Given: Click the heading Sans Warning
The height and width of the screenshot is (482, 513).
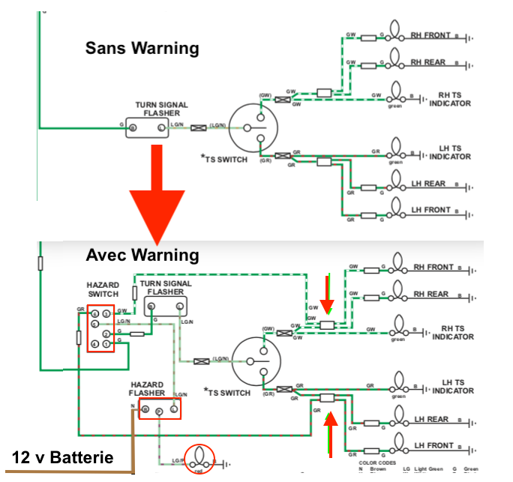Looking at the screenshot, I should (x=142, y=49).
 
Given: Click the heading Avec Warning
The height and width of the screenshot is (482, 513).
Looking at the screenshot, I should (x=142, y=256).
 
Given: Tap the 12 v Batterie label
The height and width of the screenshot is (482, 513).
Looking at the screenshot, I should (x=63, y=457).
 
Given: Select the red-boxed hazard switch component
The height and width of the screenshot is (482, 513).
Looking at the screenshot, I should (x=101, y=328).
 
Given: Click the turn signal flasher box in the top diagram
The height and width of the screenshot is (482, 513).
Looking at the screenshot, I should (x=146, y=128).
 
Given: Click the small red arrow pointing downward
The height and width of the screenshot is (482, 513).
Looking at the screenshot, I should (x=326, y=295).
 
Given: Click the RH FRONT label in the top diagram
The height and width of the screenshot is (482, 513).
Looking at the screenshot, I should (x=430, y=35).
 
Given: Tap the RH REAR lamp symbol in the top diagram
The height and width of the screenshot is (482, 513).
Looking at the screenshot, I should (x=394, y=61).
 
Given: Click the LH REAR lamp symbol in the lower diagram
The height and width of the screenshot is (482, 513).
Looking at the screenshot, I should (x=395, y=419).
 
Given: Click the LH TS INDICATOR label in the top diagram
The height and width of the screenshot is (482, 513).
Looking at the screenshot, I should (x=451, y=152).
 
